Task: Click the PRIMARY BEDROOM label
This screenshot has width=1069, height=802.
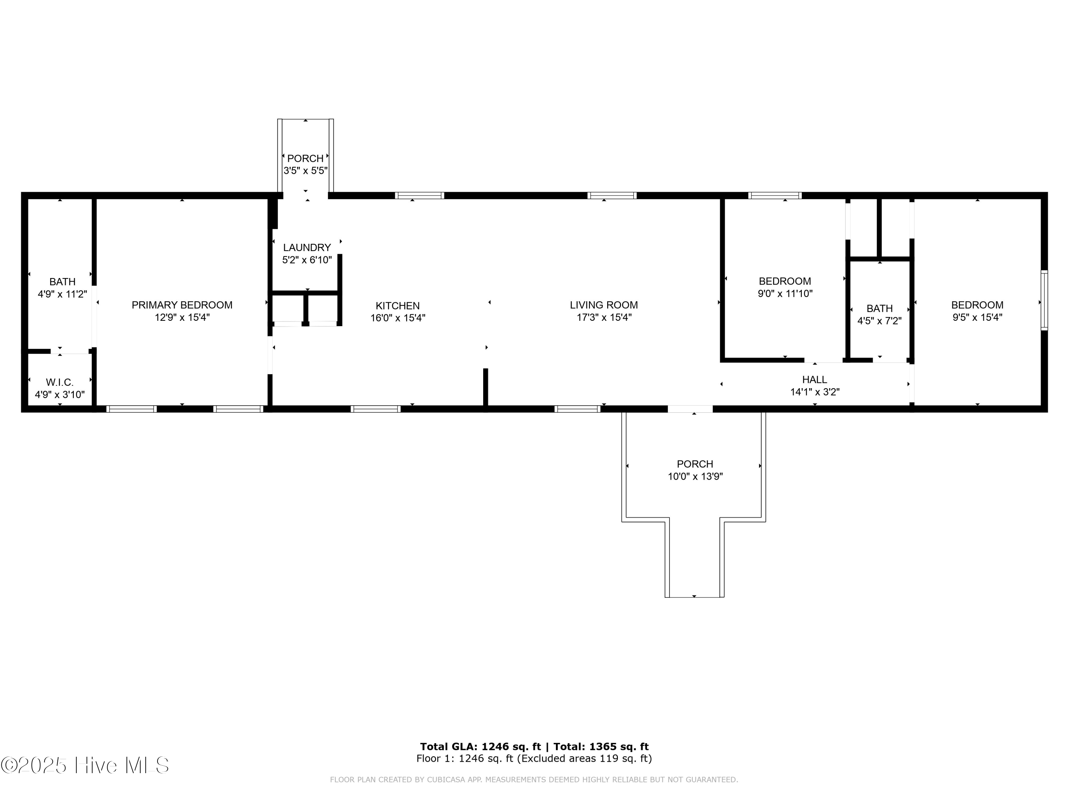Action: [x=182, y=305]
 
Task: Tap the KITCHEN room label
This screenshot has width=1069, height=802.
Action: [x=397, y=305]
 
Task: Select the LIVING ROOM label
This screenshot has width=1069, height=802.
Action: [x=604, y=305]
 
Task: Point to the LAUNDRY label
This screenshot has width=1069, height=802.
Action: [x=307, y=247]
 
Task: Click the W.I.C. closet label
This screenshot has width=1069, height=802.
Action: [x=60, y=382]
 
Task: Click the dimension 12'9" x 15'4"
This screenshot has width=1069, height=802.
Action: [x=182, y=318]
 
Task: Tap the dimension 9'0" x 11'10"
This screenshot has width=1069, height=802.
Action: [x=785, y=293]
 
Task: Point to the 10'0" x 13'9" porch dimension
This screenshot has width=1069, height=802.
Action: [x=695, y=477]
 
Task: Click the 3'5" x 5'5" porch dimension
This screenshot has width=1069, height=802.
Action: [x=305, y=171]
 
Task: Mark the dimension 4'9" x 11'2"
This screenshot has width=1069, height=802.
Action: [x=62, y=294]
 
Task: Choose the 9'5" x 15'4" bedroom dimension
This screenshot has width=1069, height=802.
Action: [x=977, y=318]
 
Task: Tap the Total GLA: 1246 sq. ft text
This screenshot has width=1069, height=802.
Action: [x=480, y=747]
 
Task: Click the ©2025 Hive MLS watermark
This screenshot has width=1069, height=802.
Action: [x=85, y=765]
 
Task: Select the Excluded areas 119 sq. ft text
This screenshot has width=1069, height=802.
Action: [x=584, y=759]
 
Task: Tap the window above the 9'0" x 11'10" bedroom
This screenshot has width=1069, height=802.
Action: [x=775, y=196]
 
